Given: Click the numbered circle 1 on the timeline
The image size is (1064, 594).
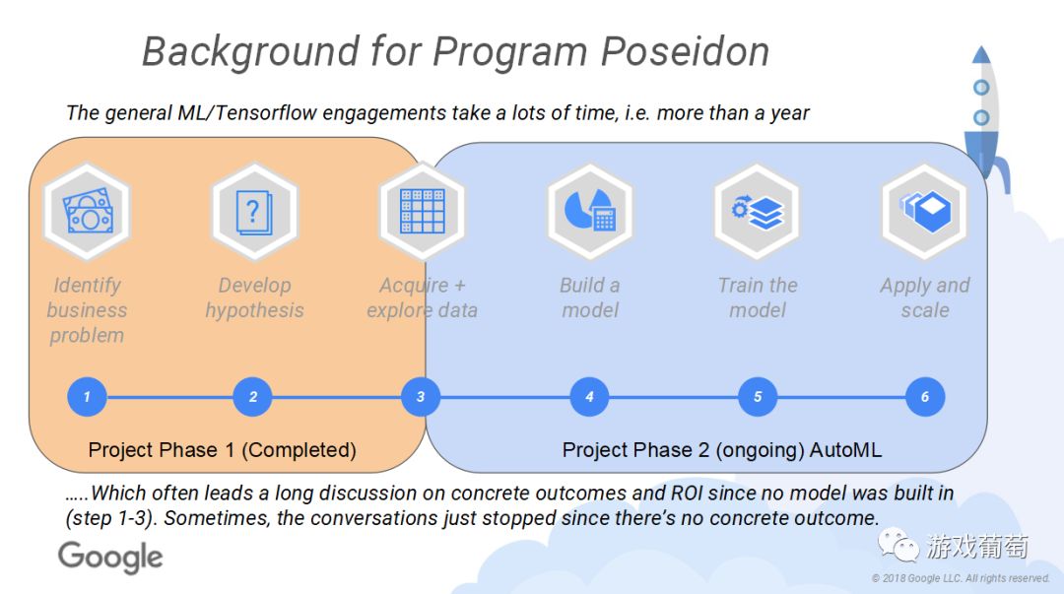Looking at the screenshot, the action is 87,397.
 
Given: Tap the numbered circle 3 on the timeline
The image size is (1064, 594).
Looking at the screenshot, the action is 421,397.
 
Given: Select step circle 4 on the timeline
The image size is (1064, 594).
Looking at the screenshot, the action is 589,397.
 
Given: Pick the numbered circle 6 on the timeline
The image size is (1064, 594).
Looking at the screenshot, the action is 925,397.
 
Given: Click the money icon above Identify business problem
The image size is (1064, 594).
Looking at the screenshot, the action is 87,211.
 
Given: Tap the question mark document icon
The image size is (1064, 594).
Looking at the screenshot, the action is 254,212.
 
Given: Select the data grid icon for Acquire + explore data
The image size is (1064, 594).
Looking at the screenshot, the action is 422,211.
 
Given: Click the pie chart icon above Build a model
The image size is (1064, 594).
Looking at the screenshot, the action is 590,210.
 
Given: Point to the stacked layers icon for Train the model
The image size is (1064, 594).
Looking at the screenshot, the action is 758,212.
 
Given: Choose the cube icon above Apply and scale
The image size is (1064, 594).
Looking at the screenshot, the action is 925,211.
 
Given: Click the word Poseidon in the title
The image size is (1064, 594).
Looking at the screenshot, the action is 686,51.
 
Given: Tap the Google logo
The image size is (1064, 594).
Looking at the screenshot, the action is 110,558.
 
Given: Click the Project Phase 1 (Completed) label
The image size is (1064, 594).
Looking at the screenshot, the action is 222,449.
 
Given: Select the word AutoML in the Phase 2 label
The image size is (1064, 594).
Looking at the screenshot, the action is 845,449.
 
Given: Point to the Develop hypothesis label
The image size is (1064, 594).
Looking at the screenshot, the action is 254,297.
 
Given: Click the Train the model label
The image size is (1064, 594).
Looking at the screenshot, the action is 758,297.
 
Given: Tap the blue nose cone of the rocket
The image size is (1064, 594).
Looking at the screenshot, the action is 981,54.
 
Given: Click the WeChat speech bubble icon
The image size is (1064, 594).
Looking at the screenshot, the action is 898,545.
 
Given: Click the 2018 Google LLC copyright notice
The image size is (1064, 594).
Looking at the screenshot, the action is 961,578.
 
